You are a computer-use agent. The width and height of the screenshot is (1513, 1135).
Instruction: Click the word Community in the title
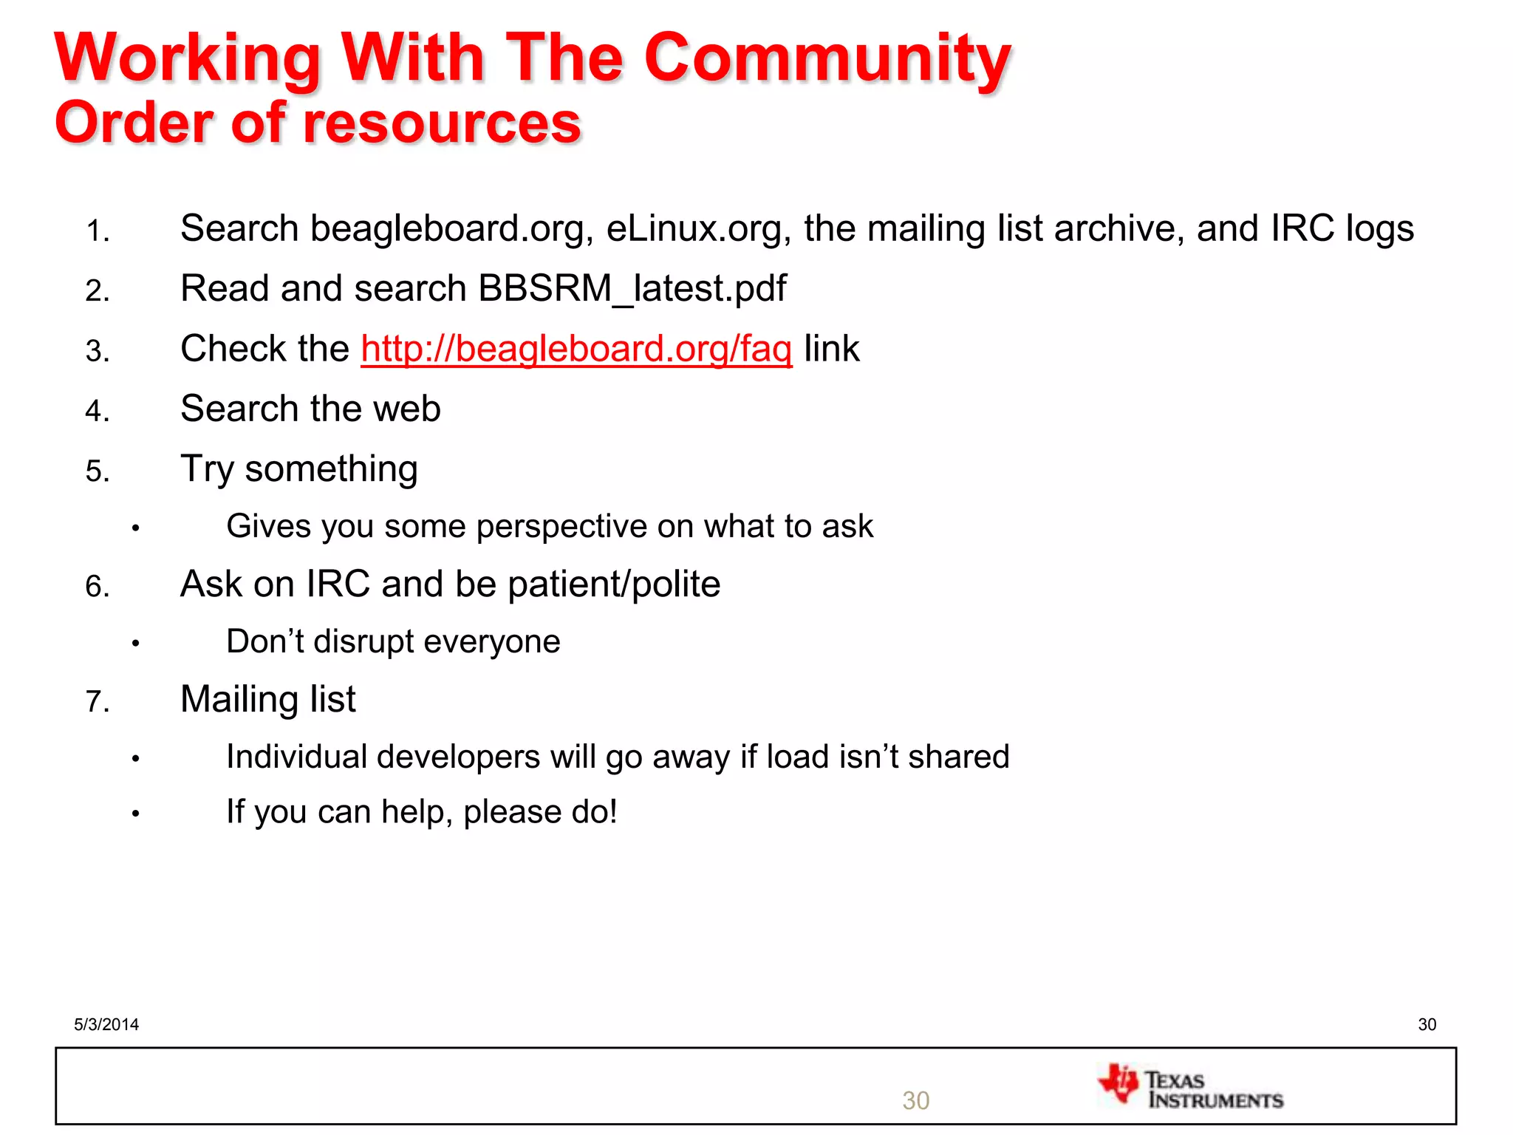point(827,59)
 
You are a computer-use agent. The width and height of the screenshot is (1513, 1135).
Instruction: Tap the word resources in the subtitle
point(443,123)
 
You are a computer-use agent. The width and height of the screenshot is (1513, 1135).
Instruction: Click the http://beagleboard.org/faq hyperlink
point(576,349)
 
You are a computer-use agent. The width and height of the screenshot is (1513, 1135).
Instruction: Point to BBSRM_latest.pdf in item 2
point(632,289)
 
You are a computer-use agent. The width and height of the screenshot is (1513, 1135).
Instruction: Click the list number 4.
point(97,411)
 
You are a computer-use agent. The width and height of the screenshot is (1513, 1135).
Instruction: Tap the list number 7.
point(97,701)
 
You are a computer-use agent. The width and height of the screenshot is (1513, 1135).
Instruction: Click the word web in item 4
point(406,409)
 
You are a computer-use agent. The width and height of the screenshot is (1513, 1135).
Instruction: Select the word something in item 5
point(331,469)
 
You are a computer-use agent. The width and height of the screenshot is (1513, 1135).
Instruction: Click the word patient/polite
point(613,584)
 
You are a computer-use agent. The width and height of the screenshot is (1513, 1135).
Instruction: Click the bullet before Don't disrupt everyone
point(136,644)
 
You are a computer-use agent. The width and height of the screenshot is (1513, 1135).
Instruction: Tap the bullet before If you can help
point(136,814)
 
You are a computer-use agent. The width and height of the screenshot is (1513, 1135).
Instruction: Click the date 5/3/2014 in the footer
point(106,1024)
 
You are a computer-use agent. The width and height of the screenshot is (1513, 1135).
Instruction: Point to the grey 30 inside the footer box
point(915,1100)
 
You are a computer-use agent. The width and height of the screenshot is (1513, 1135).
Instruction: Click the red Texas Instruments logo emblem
point(1118,1084)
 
